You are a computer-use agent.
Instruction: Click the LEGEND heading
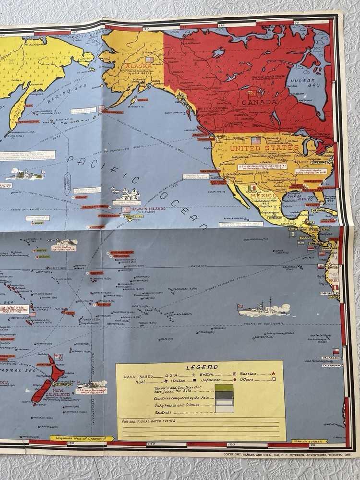click(x=202, y=367)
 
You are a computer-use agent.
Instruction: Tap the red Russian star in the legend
click(x=274, y=373)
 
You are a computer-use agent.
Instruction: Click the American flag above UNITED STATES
click(x=256, y=140)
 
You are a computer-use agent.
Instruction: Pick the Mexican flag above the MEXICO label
click(x=252, y=188)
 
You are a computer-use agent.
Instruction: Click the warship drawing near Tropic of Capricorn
click(x=263, y=310)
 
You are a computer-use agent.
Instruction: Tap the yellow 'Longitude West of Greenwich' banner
click(x=82, y=438)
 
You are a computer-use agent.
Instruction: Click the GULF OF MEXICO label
click(x=294, y=193)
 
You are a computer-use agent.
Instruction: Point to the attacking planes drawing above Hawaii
click(x=124, y=194)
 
